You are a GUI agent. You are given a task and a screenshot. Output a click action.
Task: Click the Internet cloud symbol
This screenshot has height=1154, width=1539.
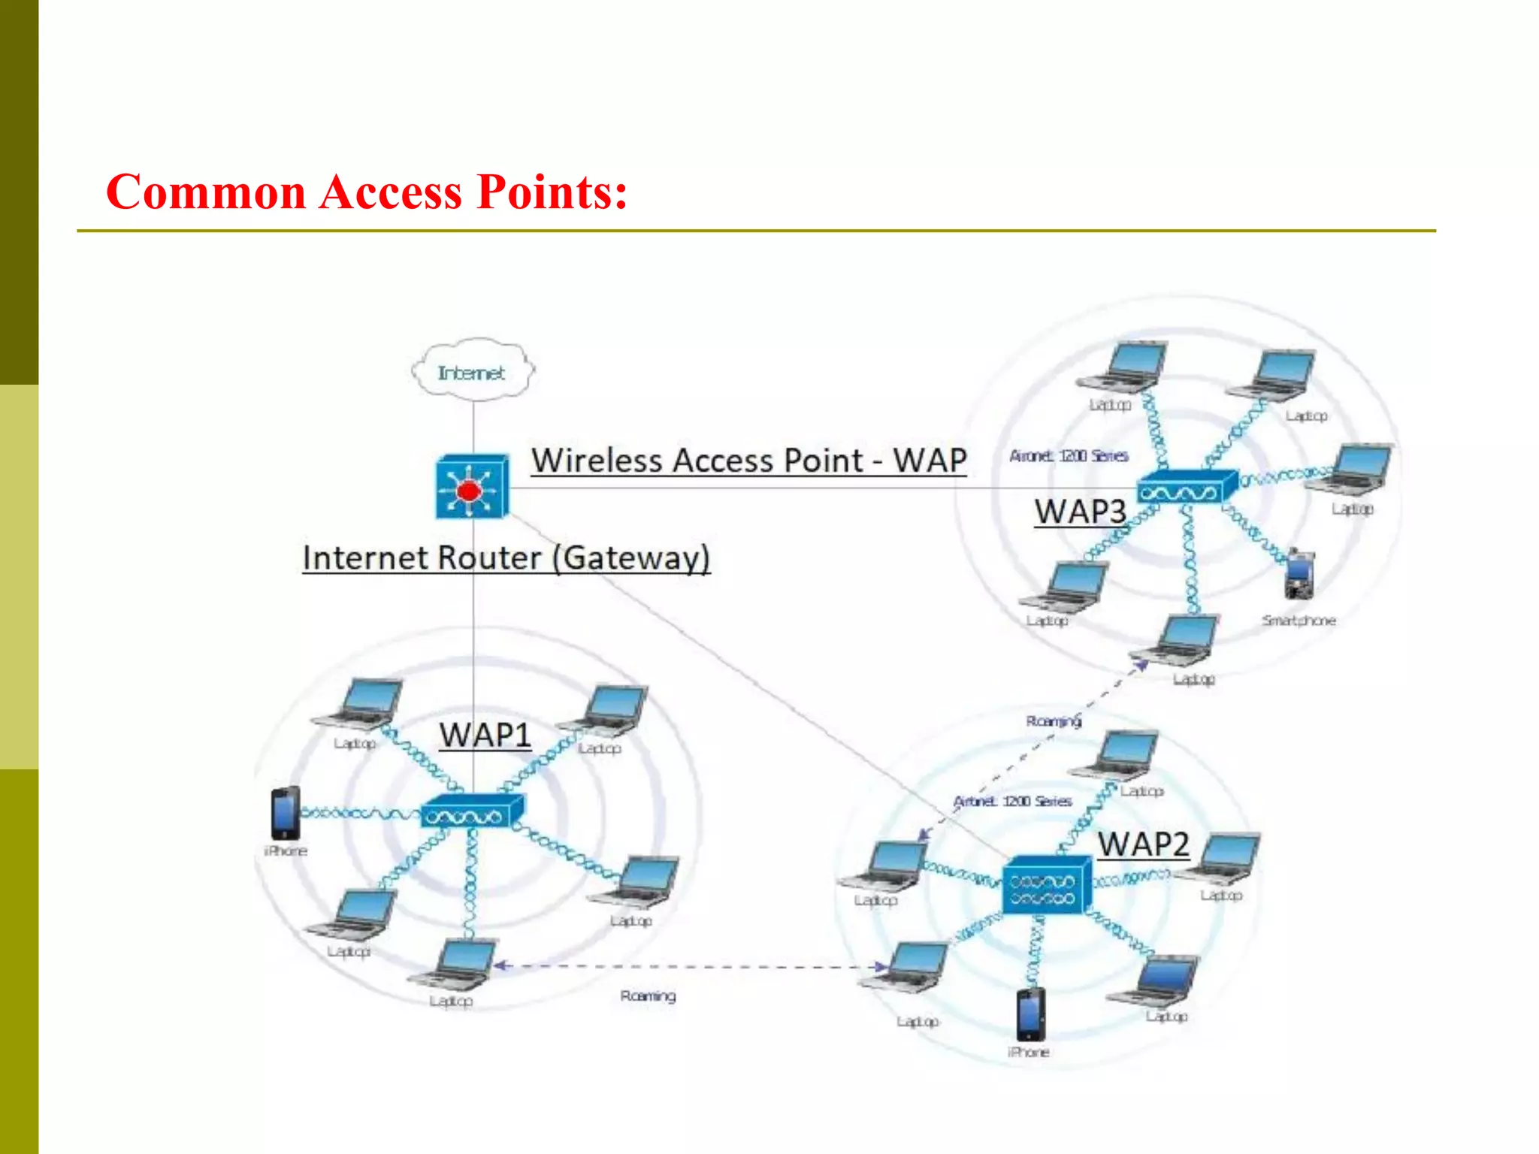(x=473, y=371)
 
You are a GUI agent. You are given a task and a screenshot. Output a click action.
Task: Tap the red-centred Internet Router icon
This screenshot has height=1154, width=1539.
(x=471, y=488)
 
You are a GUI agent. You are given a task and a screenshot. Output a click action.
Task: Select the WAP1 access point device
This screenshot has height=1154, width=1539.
(x=472, y=812)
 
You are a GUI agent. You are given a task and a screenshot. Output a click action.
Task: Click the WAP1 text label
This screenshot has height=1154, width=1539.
(x=485, y=735)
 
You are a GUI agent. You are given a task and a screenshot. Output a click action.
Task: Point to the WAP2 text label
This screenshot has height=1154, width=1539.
(x=1143, y=844)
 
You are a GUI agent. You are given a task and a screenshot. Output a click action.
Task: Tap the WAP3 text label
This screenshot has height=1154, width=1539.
(x=1080, y=512)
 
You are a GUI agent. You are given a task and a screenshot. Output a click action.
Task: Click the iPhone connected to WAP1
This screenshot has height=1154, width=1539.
(x=286, y=813)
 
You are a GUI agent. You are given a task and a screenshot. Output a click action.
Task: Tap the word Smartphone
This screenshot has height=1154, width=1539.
(x=1299, y=621)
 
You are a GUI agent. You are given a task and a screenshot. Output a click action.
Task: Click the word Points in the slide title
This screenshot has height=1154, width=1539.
(x=551, y=192)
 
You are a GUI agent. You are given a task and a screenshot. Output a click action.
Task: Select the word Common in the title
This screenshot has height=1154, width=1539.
(x=206, y=192)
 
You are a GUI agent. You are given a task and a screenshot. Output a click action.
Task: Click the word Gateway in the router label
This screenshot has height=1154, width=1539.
(x=631, y=558)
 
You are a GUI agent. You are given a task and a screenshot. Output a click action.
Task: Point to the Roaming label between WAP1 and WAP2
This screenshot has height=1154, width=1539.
(x=648, y=996)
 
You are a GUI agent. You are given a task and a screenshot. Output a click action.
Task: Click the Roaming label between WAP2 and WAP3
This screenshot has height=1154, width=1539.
(x=1054, y=721)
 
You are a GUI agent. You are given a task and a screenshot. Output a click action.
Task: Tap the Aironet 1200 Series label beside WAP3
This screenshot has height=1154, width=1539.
(x=1069, y=456)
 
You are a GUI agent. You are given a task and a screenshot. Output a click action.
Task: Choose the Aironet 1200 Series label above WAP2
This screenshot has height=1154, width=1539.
(x=1013, y=802)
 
